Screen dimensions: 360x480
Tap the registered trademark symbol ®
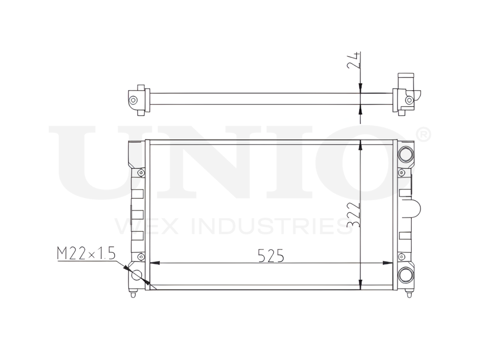(x=422, y=135)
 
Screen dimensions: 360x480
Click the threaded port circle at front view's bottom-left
(x=137, y=275)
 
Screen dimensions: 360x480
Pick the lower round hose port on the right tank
(x=406, y=275)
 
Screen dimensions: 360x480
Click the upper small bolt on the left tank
(x=140, y=173)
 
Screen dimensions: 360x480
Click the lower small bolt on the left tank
(x=140, y=255)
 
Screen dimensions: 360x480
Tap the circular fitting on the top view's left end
(x=133, y=100)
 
